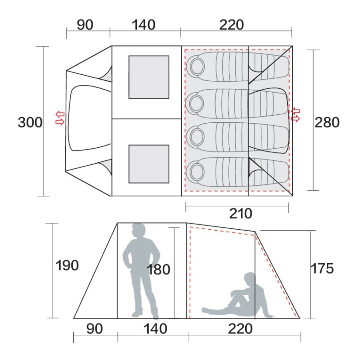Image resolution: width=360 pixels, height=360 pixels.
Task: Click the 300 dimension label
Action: click(x=30, y=122)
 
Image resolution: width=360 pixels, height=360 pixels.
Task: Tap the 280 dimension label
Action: click(x=327, y=122)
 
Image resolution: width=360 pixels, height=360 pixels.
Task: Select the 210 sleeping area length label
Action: click(x=241, y=214)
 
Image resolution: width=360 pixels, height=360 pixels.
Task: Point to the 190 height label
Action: click(x=67, y=266)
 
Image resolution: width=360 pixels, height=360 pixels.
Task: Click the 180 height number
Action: click(x=158, y=270)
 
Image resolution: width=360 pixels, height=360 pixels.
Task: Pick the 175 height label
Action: click(x=322, y=268)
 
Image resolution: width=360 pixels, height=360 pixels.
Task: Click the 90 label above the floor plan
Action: click(x=85, y=25)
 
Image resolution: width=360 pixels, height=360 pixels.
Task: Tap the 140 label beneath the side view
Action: click(x=155, y=329)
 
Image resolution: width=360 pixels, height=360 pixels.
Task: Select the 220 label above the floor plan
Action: click(x=232, y=25)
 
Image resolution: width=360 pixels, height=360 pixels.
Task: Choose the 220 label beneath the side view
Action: click(x=240, y=329)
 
